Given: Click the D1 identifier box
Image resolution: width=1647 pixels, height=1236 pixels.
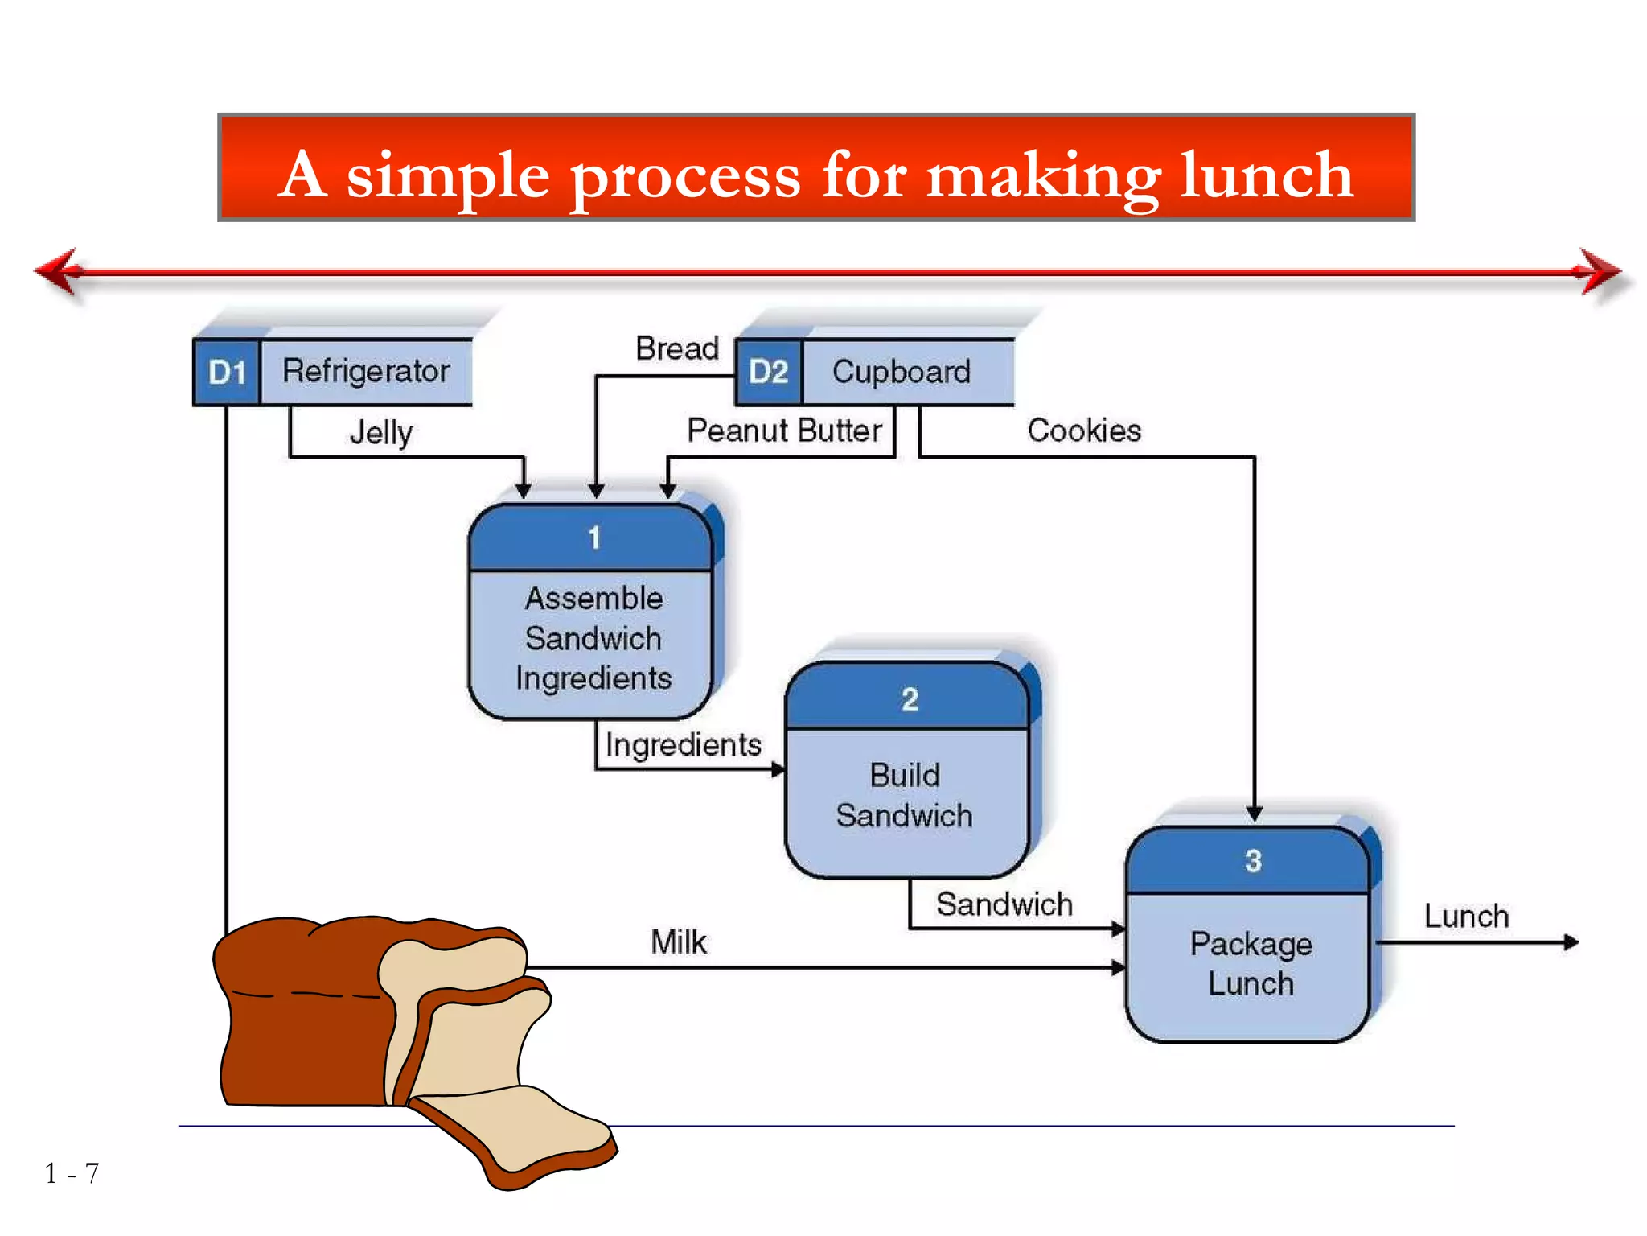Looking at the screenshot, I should pyautogui.click(x=227, y=373).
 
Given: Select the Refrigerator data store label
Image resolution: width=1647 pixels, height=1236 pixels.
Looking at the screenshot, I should pyautogui.click(x=366, y=371).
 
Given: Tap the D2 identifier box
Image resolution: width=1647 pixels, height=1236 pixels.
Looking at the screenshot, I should pyautogui.click(x=769, y=372).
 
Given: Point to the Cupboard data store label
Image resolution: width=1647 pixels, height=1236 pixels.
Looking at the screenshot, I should pyautogui.click(x=902, y=372).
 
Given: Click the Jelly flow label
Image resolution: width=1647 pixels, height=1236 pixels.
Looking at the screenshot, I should pyautogui.click(x=381, y=433).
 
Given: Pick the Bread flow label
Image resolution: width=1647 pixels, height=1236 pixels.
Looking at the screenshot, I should pyautogui.click(x=677, y=348).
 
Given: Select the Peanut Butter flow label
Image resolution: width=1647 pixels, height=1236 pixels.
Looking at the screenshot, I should pyautogui.click(x=784, y=431).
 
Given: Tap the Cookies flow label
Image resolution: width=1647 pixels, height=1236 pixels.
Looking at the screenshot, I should pyautogui.click(x=1084, y=431).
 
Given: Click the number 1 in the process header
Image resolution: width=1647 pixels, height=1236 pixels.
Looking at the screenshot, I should pyautogui.click(x=594, y=538).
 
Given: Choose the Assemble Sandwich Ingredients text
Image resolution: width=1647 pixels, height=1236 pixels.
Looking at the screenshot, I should pyautogui.click(x=593, y=638).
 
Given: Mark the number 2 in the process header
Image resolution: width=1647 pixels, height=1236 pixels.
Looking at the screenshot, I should pyautogui.click(x=910, y=699).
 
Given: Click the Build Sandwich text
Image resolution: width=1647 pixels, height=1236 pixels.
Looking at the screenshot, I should pyautogui.click(x=905, y=795).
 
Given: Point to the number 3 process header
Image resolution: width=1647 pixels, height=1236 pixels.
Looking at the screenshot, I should pyautogui.click(x=1253, y=861).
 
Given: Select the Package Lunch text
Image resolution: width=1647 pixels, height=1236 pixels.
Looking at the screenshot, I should pyautogui.click(x=1251, y=963).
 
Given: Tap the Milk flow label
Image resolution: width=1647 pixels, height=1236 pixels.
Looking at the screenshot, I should pyautogui.click(x=679, y=941).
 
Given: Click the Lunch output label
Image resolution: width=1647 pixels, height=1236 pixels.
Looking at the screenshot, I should pyautogui.click(x=1466, y=917).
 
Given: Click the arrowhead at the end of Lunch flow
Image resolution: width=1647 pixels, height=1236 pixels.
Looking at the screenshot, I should pyautogui.click(x=1571, y=942).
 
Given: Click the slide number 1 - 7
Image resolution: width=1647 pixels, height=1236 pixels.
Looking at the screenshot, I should pyautogui.click(x=72, y=1173).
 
